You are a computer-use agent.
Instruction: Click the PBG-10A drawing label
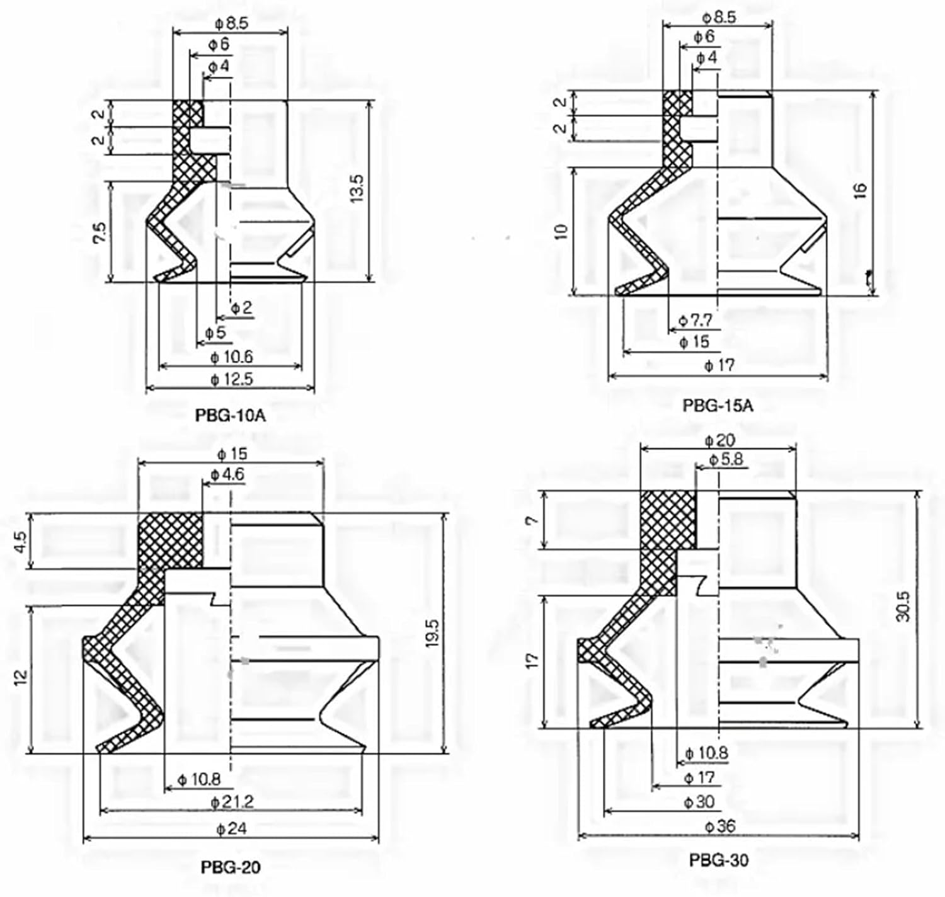point(231,415)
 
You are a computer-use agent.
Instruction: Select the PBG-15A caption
point(718,406)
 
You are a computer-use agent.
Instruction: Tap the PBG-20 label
point(231,867)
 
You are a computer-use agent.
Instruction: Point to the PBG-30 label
point(718,859)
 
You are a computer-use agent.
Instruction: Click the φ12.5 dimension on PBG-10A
point(231,379)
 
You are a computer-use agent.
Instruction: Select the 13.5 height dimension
point(357,188)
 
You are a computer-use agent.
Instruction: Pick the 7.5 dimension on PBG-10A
point(99,232)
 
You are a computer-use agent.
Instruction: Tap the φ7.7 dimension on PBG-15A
point(695,321)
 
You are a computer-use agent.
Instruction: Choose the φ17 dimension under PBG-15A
point(719,365)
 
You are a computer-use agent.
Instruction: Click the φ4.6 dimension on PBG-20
point(227,474)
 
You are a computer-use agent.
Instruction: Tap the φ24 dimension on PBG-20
point(231,828)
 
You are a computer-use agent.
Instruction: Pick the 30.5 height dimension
point(903,606)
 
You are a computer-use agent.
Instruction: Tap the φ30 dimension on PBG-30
point(699,802)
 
